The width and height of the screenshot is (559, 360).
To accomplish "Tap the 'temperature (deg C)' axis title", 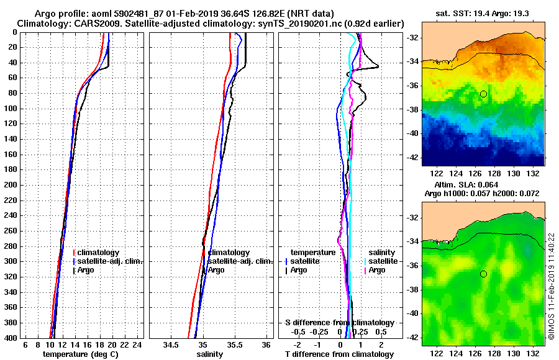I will [x=80, y=354].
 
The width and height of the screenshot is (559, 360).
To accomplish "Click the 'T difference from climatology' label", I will [x=339, y=354].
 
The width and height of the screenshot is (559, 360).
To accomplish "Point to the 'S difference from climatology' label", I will [x=340, y=323].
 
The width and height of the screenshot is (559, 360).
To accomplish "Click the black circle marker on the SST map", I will [x=483, y=94].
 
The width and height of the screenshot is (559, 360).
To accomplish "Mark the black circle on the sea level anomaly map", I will [x=483, y=274].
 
